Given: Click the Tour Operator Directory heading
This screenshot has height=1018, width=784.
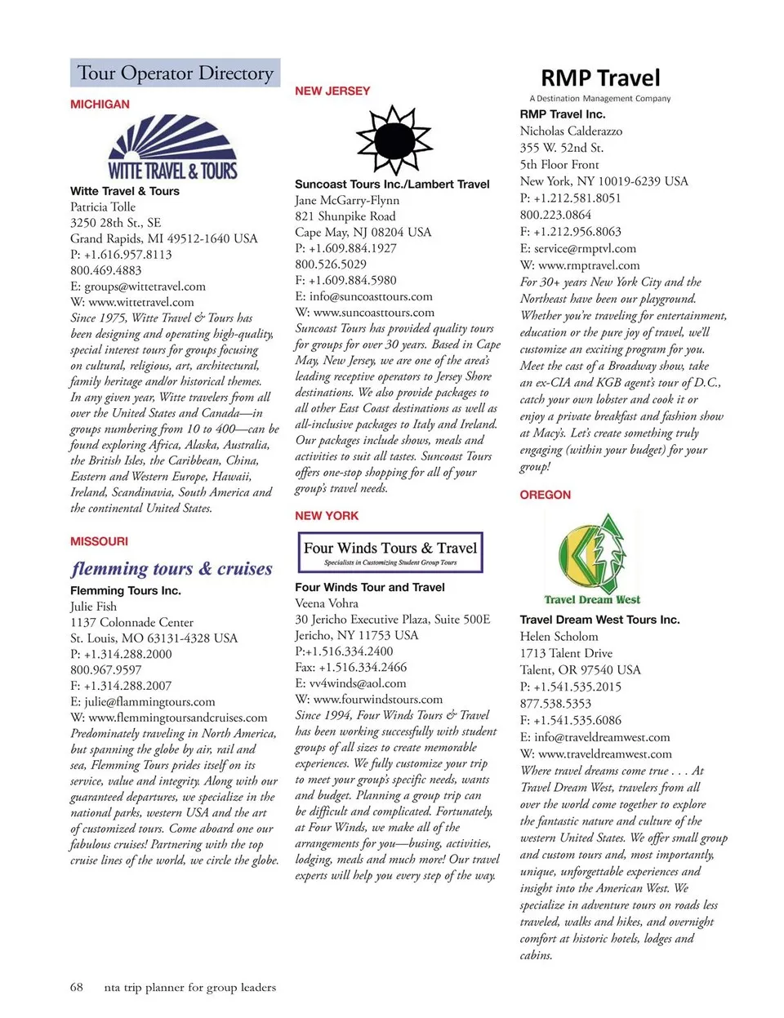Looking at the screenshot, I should point(175,73).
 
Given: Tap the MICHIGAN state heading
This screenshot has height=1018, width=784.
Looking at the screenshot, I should point(100,104).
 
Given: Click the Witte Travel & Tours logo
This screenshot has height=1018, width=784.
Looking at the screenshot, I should point(172,148).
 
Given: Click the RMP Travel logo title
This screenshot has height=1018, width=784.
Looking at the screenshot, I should point(600,78).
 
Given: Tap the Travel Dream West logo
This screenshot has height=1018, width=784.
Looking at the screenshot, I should point(592,560).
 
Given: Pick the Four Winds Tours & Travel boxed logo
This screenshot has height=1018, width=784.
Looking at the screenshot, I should point(390,552).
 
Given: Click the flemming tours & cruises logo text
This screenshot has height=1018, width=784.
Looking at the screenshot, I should point(171,568).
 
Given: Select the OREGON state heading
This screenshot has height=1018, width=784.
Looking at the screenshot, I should point(546,495).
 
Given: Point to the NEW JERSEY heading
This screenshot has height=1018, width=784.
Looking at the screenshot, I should point(332,91).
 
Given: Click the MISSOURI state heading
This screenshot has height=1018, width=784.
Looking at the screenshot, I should point(99,541).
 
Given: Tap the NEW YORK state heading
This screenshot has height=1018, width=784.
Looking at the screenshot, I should point(327,516).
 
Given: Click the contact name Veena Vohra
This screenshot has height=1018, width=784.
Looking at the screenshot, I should point(327,603).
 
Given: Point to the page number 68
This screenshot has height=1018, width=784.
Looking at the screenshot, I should point(76,987).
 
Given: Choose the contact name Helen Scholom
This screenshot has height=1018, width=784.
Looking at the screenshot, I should point(559,637).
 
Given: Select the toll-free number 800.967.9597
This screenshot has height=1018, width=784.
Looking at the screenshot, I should point(106,669).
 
